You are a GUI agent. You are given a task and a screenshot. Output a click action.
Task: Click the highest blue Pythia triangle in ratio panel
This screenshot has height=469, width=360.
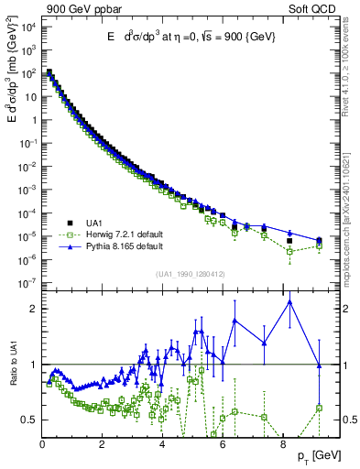tap(290, 302)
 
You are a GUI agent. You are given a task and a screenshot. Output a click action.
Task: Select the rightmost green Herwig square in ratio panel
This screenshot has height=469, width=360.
tap(319, 408)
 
